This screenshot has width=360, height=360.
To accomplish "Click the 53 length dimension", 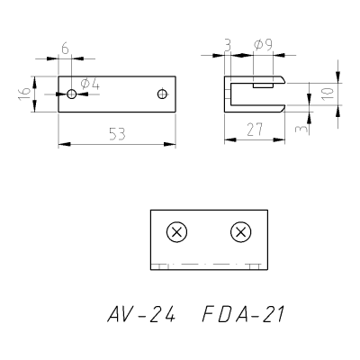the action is [x=117, y=134].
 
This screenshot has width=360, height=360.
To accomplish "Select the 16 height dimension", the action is [x=24, y=94].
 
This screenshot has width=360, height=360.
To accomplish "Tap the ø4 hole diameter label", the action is [x=90, y=85].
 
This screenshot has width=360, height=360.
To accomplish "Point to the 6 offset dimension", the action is [x=65, y=48].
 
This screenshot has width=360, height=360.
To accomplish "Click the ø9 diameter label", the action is [x=263, y=45].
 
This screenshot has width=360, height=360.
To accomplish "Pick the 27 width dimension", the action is [x=255, y=130].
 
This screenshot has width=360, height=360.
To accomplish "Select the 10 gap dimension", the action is [x=328, y=94].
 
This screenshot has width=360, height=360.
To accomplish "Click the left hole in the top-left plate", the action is [x=71, y=94].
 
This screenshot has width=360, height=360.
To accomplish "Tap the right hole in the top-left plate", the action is [x=162, y=94].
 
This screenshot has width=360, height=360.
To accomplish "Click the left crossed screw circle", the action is [x=176, y=232].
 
